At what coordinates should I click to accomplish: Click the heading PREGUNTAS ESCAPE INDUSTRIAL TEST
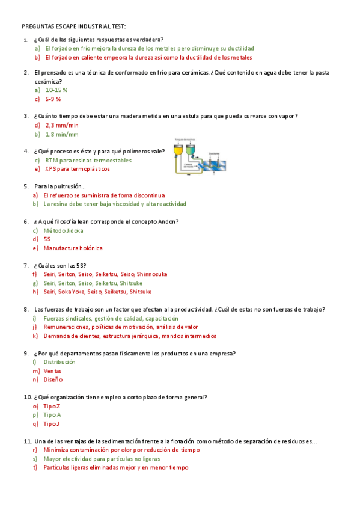pos(74,26)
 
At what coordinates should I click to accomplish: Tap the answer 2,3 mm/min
pos(61,125)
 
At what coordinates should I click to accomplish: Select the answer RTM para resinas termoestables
pos(88,161)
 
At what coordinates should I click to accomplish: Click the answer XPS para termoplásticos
pos(78,169)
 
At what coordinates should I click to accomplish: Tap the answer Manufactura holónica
pos(73,248)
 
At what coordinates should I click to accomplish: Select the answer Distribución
pos(59,362)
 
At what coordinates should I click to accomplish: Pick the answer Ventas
pos(52,371)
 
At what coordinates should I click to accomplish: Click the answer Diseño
pos(53,379)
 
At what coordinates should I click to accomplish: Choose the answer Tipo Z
pos(52,406)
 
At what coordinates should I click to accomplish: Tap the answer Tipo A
pos(52,415)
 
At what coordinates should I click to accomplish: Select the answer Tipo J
pos(52,423)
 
